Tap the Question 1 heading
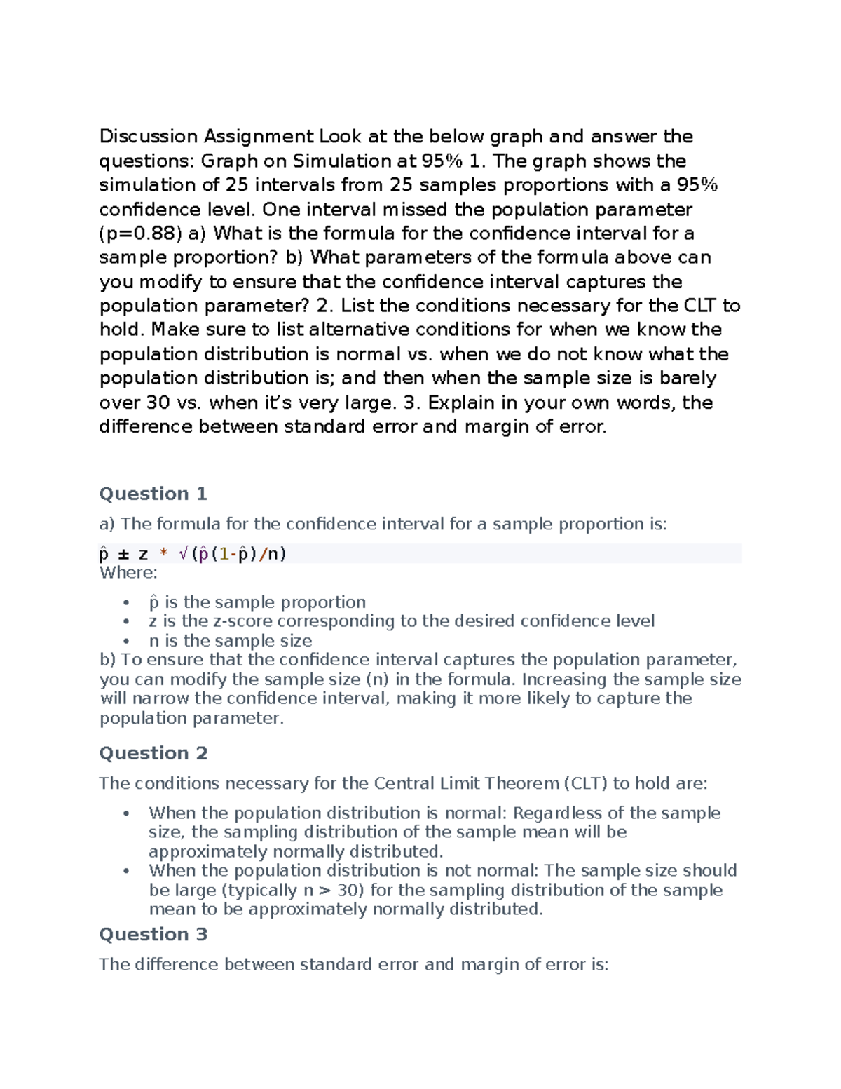click(x=153, y=494)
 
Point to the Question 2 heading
click(x=153, y=753)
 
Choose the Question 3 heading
click(x=153, y=934)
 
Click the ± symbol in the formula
click(x=124, y=554)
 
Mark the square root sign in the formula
click(x=183, y=554)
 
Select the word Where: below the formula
click(x=128, y=572)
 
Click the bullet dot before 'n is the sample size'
click(x=126, y=641)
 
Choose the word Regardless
click(x=558, y=813)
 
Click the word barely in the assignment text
click(x=688, y=378)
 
